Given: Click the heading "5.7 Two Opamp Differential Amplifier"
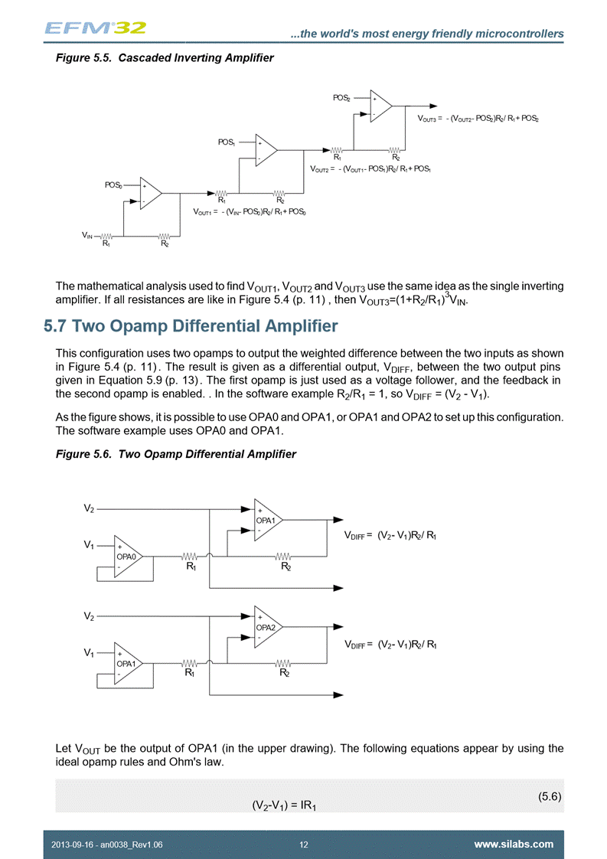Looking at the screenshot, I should [191, 327].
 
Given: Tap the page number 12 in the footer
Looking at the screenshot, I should [304, 844].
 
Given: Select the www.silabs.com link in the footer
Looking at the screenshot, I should [514, 844].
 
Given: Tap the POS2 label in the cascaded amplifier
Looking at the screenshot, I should [341, 98].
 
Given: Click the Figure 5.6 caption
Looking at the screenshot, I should [176, 454].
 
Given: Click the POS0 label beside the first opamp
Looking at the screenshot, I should [113, 185].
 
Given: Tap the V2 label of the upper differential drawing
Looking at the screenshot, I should [90, 508].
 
